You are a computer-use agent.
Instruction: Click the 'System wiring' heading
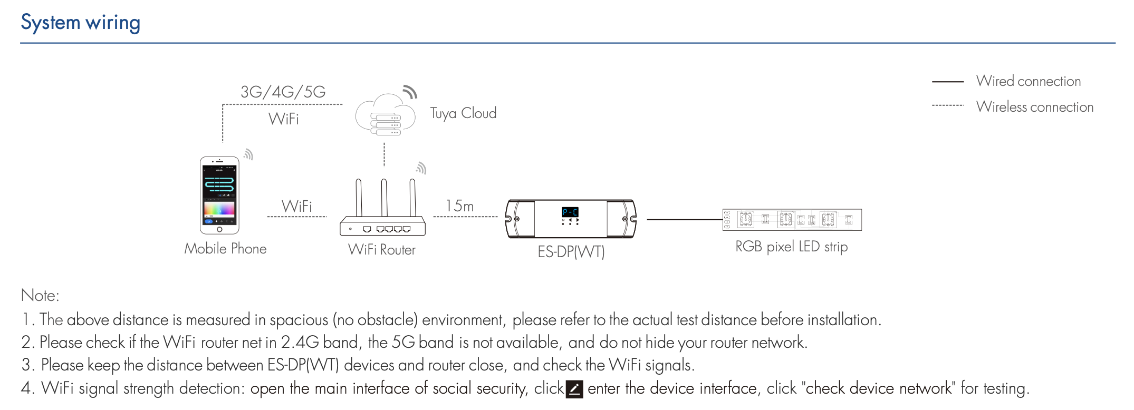pyautogui.click(x=80, y=23)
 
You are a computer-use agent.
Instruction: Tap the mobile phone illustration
pyautogui.click(x=219, y=195)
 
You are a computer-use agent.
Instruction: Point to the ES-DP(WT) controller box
pyautogui.click(x=571, y=219)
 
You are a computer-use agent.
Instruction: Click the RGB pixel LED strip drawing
pyautogui.click(x=792, y=220)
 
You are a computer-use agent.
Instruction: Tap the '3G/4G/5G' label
pyautogui.click(x=283, y=92)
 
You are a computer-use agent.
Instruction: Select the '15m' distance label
pyautogui.click(x=459, y=206)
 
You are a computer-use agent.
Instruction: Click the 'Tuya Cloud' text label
pyautogui.click(x=463, y=113)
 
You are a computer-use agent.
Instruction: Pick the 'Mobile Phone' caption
pyautogui.click(x=225, y=249)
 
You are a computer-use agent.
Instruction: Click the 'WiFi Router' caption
pyautogui.click(x=382, y=250)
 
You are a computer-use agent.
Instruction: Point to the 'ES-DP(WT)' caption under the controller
pyautogui.click(x=571, y=252)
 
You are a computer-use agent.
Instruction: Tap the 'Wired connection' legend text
pyautogui.click(x=1028, y=81)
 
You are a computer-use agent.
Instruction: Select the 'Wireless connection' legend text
pyautogui.click(x=1034, y=107)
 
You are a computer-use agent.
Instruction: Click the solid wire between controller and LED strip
pyautogui.click(x=684, y=219)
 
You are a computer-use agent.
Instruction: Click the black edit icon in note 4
pyautogui.click(x=574, y=389)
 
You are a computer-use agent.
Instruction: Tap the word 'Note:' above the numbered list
pyautogui.click(x=40, y=296)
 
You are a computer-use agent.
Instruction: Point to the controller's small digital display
pyautogui.click(x=570, y=212)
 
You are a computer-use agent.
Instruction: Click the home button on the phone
pyautogui.click(x=219, y=230)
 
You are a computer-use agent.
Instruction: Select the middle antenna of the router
pyautogui.click(x=384, y=198)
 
